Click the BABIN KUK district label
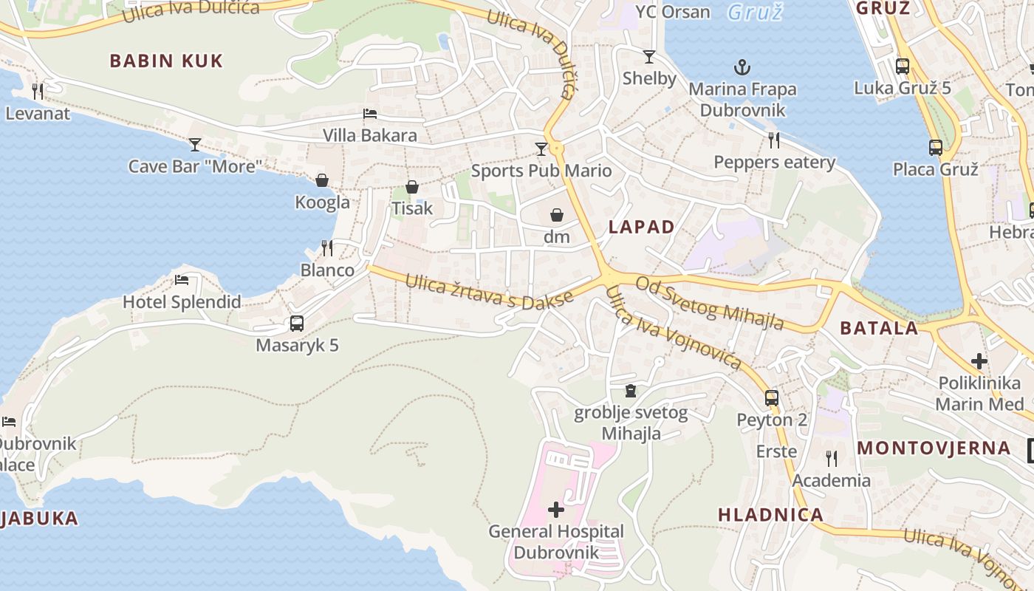(x=166, y=61)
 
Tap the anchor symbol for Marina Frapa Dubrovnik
(x=742, y=68)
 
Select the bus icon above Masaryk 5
(x=297, y=324)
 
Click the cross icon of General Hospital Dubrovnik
(x=556, y=510)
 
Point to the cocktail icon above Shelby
(x=649, y=57)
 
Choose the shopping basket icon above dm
(x=557, y=215)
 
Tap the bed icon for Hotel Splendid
(x=182, y=280)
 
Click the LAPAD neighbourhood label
(x=642, y=227)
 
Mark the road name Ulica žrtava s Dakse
(x=489, y=291)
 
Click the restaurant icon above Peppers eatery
(x=774, y=140)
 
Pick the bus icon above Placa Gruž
(x=936, y=148)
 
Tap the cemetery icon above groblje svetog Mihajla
(x=631, y=390)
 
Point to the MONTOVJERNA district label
(x=934, y=448)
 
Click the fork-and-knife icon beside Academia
(x=832, y=459)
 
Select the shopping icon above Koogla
(x=322, y=180)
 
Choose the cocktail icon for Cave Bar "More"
(x=195, y=144)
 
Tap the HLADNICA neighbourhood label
(x=770, y=515)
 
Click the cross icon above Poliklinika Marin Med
(x=979, y=361)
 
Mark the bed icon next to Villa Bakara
(x=370, y=114)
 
